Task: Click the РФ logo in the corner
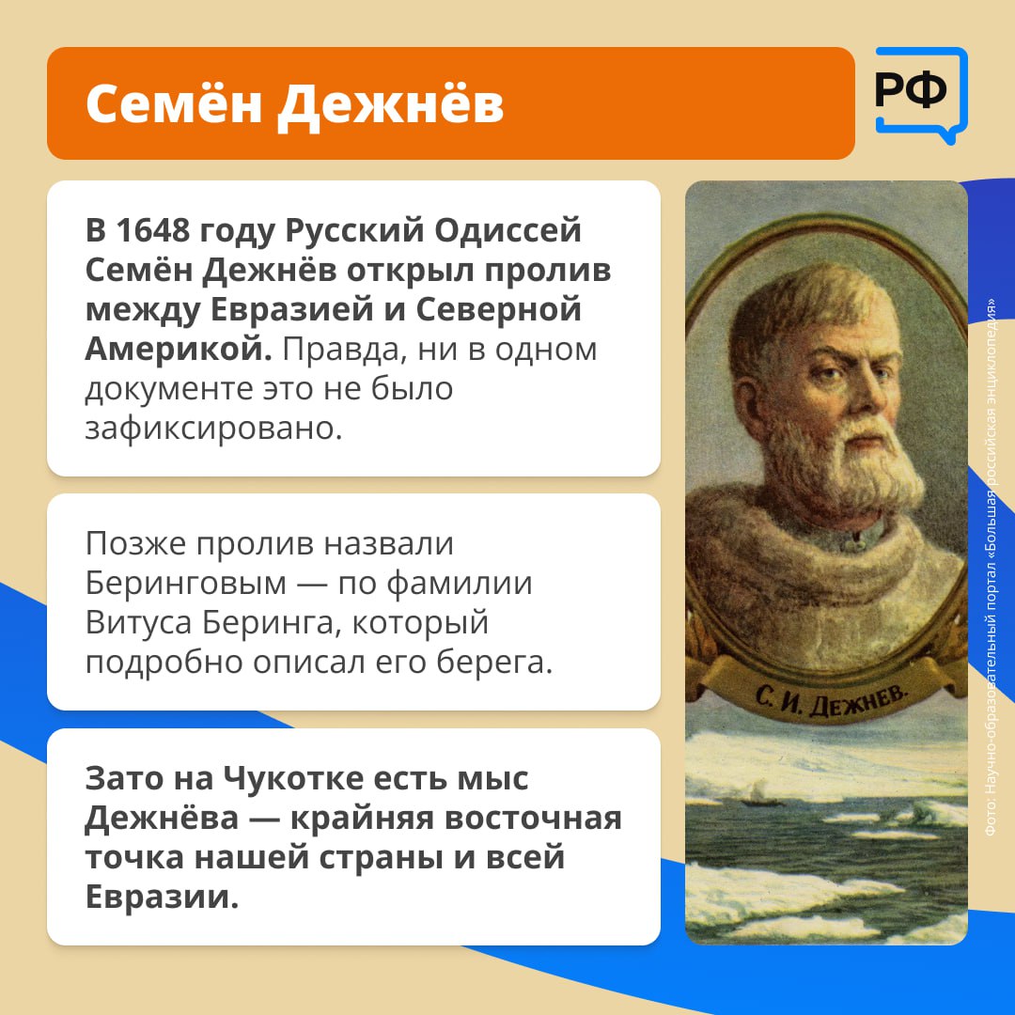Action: point(921,94)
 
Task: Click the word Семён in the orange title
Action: point(173,103)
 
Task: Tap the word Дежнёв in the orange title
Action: point(390,105)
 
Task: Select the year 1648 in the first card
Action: point(153,230)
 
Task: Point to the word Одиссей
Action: point(507,230)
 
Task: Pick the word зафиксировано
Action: point(213,428)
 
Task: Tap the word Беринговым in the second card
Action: point(186,584)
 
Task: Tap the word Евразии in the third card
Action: point(162,898)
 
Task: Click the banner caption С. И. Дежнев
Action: point(831,698)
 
